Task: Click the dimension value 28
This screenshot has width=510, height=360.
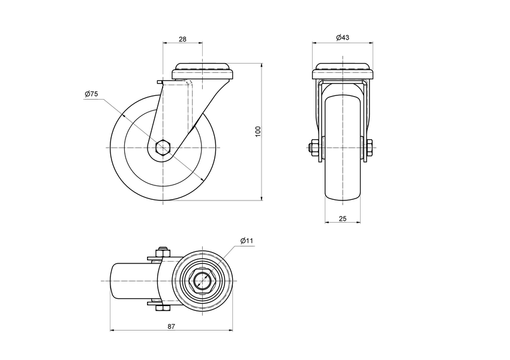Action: (x=182, y=39)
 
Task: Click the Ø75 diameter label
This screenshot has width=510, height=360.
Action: (x=92, y=94)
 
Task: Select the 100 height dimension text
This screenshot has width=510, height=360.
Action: (x=257, y=132)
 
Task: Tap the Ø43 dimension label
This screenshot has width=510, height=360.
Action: (x=343, y=38)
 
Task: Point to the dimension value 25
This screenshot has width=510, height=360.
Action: (x=343, y=219)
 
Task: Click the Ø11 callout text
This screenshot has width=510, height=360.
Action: (x=247, y=241)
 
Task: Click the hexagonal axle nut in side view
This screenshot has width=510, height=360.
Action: (x=163, y=148)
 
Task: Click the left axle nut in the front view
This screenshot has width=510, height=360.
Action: (x=314, y=148)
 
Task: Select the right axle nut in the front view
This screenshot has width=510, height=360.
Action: (x=369, y=148)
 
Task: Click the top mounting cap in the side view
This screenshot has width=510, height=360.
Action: (x=202, y=71)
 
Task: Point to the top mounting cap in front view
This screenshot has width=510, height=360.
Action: (x=343, y=71)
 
